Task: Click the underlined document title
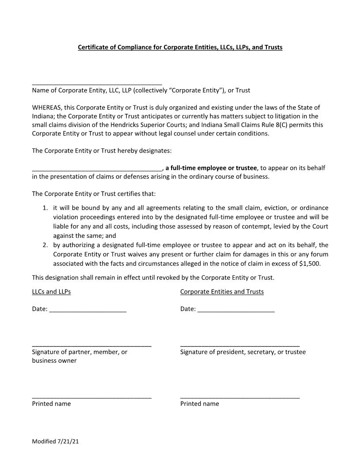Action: pos(180,47)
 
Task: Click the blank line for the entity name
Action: pos(97,83)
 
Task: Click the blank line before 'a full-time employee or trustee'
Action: pos(97,170)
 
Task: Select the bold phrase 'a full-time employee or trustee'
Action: pos(211,168)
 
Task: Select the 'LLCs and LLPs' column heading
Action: pos(51,292)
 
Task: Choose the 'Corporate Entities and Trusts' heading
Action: pos(222,292)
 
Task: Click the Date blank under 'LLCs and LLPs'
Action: pos(88,311)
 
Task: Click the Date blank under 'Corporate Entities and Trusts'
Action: pos(236,311)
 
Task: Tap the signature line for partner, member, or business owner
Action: pos(92,346)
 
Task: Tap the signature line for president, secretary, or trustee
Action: pos(240,346)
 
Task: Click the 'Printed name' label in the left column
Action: pos(51,404)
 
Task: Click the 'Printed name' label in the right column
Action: pos(199,404)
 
